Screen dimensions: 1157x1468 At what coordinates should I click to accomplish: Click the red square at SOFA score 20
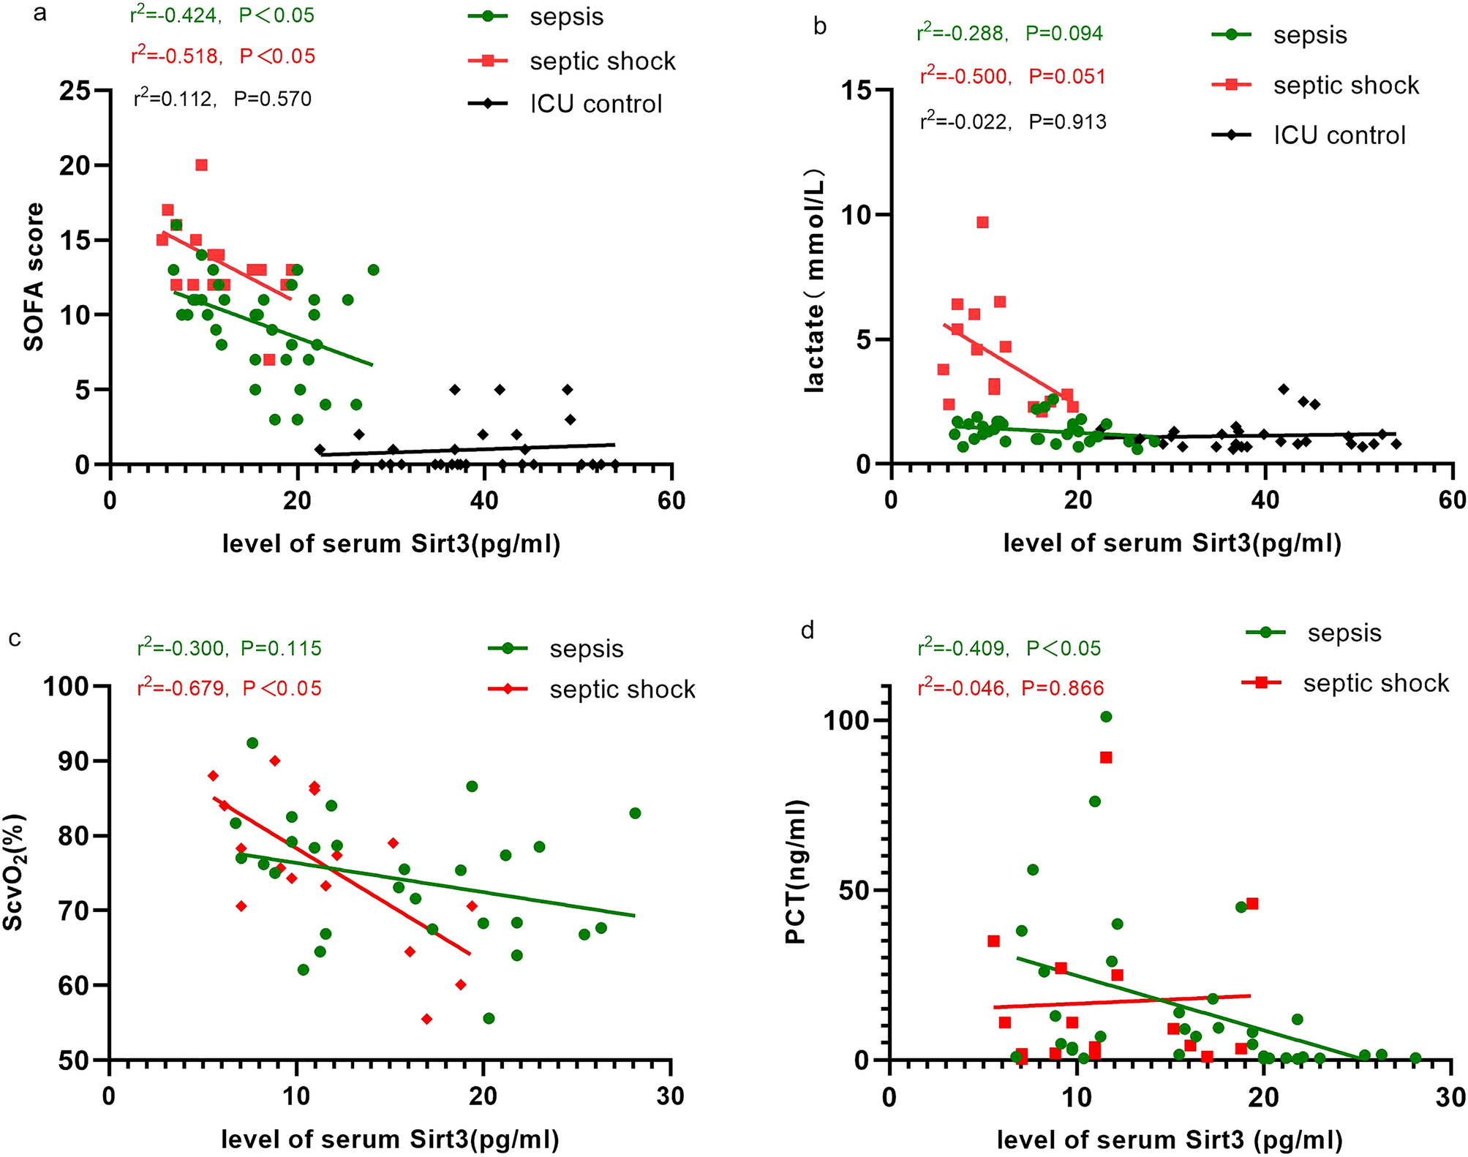[201, 165]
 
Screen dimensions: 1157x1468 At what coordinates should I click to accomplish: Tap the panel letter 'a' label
[40, 13]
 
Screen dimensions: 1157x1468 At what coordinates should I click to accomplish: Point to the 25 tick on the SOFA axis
[75, 91]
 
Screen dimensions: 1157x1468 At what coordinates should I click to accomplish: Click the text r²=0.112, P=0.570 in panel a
[222, 99]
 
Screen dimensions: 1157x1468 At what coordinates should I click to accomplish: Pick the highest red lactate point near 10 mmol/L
[982, 222]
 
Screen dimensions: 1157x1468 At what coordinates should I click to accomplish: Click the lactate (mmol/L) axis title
[814, 281]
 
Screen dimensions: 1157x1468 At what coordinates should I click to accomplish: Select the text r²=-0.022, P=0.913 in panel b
[1013, 121]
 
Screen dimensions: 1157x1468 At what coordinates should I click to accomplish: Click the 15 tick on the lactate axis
[857, 91]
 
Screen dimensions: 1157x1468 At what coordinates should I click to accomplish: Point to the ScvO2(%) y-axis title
[14, 872]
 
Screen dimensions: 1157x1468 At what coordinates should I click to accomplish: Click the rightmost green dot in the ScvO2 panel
[635, 813]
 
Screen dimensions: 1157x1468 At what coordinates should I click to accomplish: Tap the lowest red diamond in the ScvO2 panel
[426, 1019]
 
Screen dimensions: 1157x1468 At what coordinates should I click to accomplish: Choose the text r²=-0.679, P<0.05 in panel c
[229, 688]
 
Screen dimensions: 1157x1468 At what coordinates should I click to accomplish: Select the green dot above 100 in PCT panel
[1106, 717]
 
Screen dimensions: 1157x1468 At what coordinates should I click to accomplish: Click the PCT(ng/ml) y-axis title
[795, 872]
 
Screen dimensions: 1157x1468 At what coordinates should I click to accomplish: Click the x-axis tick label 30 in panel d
[1450, 1097]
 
